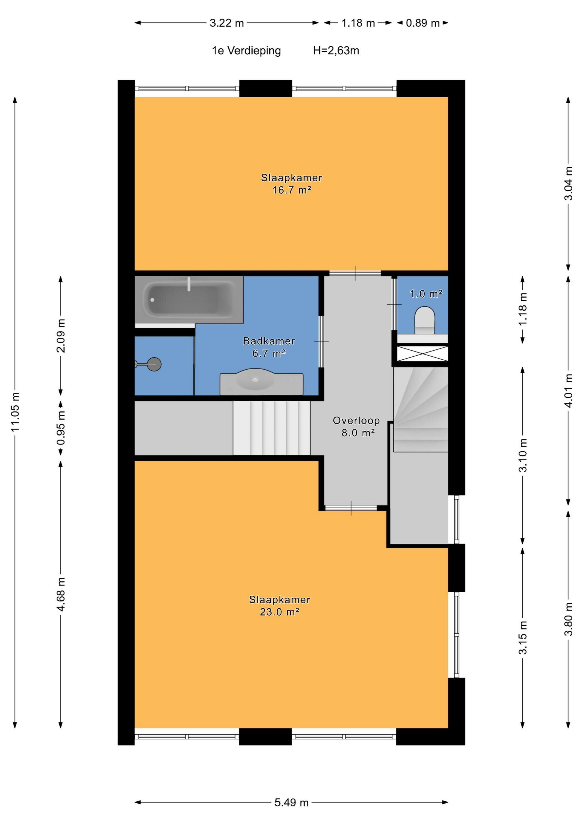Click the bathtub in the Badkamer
point(189,300)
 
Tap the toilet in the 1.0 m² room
point(425,320)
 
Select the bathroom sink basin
point(255,380)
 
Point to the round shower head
point(154,364)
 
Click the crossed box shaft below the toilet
point(423,354)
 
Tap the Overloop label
point(356,420)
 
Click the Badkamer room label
point(269,341)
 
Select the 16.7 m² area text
point(291,190)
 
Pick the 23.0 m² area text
point(280,612)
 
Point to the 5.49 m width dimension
point(291,802)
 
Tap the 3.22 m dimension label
point(227,23)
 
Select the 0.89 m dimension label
point(423,23)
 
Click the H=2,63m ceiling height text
point(336,51)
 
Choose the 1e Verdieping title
point(246,51)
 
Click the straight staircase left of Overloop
point(272,428)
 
